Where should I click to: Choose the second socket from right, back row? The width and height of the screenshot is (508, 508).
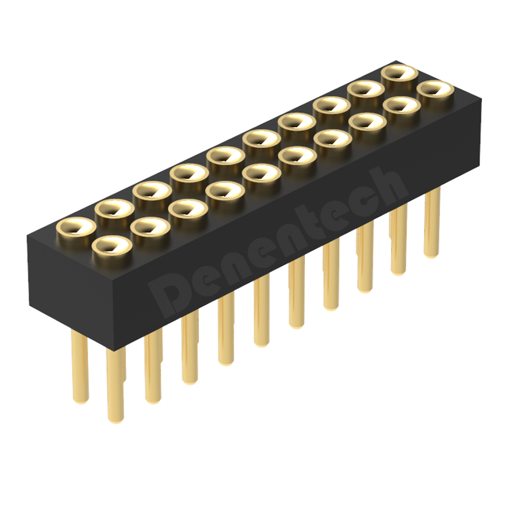click(x=364, y=91)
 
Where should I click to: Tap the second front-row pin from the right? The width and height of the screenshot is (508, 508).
click(x=398, y=241)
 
